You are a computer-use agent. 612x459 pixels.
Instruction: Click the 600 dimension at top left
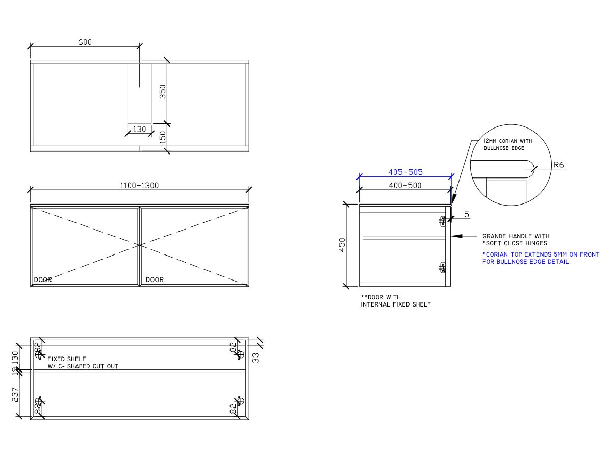pos(85,42)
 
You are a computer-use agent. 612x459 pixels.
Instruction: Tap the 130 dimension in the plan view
pos(139,130)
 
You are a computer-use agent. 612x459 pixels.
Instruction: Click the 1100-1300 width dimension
pos(139,186)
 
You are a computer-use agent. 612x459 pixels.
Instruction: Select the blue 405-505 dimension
pos(405,172)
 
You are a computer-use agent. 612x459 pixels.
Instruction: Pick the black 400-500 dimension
pos(405,185)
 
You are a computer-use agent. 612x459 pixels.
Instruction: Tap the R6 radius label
pos(559,165)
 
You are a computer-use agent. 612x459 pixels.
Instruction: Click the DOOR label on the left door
pos(43,279)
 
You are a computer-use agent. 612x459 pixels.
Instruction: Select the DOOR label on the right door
pos(155,279)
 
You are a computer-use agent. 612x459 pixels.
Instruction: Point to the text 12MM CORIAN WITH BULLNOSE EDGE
pos(508,144)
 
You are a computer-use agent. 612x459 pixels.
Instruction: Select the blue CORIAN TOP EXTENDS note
pos(541,258)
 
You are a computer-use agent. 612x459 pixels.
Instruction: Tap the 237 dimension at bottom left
pos(15,395)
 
